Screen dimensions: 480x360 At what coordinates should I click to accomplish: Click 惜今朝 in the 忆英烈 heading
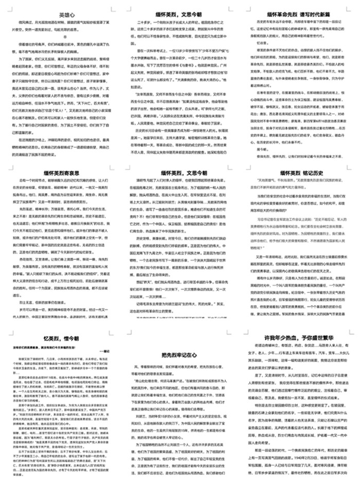(73, 337)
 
